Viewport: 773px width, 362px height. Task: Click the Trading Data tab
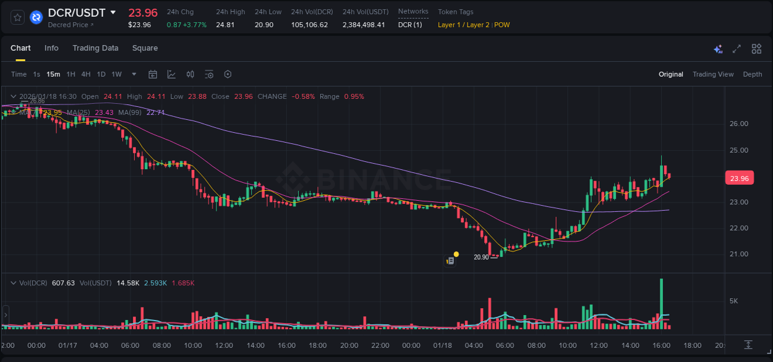(95, 48)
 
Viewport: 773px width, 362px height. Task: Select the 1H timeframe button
(71, 74)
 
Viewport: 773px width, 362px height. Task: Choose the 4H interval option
(86, 74)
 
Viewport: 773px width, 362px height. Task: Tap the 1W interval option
(116, 74)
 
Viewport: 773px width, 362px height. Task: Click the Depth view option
(752, 74)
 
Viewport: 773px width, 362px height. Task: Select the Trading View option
(712, 74)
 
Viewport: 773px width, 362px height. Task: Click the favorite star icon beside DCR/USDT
(18, 17)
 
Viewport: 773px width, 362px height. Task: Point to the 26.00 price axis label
(739, 124)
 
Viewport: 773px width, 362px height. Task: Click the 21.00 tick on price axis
(739, 254)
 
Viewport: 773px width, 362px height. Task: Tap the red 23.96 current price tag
(739, 179)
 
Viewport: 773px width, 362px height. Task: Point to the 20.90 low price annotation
(481, 257)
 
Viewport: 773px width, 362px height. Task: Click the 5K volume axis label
(734, 301)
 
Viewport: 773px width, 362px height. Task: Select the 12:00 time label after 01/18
(599, 345)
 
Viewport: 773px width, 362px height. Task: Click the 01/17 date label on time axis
(68, 345)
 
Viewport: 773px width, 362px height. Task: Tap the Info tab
(51, 48)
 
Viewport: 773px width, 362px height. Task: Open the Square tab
(145, 48)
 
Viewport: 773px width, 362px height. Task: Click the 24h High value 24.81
(224, 25)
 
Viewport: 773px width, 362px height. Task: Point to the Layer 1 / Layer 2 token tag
(464, 25)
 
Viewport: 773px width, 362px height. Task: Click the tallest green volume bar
(662, 303)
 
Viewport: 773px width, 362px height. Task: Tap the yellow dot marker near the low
(456, 254)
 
